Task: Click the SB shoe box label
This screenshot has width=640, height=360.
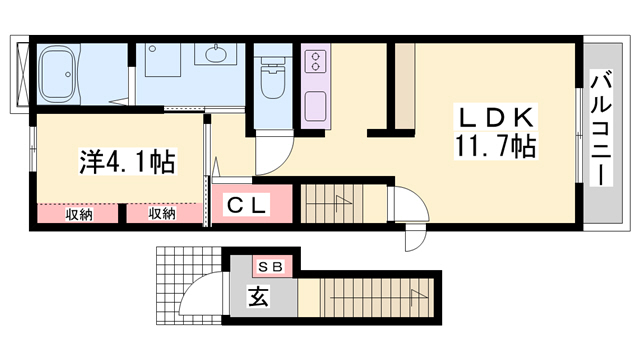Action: tap(270, 266)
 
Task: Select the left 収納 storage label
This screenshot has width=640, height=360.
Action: tap(81, 213)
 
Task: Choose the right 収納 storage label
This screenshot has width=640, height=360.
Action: tap(162, 213)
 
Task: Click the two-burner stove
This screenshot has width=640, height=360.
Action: tap(313, 63)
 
